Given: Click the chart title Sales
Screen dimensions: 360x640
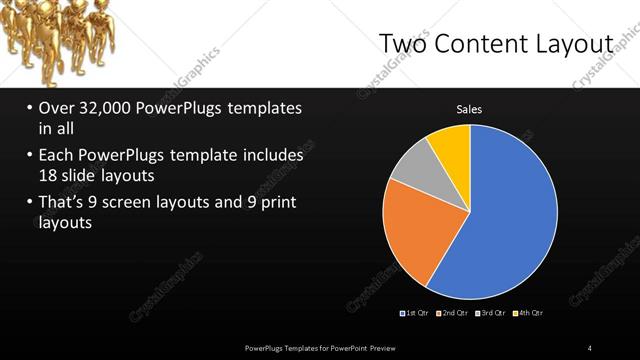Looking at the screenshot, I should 470,109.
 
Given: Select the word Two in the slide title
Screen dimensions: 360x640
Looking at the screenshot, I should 401,44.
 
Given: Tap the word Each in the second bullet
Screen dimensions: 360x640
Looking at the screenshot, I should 56,156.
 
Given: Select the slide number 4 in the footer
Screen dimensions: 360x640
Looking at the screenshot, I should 590,347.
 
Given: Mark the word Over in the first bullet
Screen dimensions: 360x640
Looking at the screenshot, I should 57,108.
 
